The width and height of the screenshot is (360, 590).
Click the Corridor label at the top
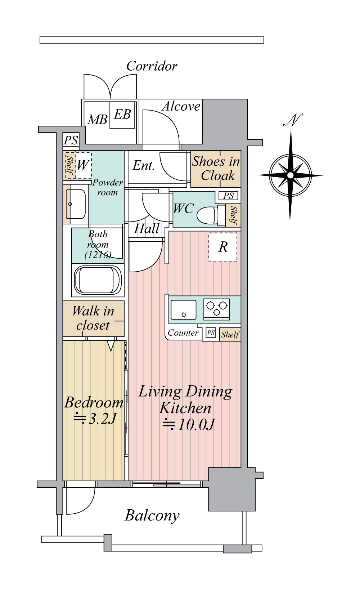[x=152, y=66]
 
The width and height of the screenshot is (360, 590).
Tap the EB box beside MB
[x=122, y=115]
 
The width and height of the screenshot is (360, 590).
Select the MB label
[x=97, y=120]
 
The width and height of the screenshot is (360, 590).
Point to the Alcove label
[x=181, y=106]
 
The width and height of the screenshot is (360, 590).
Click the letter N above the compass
[x=293, y=120]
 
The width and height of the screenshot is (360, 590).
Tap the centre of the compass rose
[x=290, y=175]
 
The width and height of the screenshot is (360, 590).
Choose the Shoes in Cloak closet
[x=216, y=169]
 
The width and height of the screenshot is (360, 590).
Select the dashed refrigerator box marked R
[x=223, y=247]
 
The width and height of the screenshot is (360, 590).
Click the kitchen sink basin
[x=184, y=310]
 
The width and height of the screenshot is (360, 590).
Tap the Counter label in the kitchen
[x=183, y=333]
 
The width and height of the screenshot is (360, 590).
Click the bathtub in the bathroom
[x=98, y=280]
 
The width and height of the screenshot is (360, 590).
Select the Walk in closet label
[x=93, y=318]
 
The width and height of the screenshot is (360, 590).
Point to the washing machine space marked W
[x=83, y=165]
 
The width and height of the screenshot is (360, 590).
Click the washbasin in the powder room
[x=75, y=204]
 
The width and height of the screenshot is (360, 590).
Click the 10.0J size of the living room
[x=188, y=424]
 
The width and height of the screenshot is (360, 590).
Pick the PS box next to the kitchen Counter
[x=211, y=333]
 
